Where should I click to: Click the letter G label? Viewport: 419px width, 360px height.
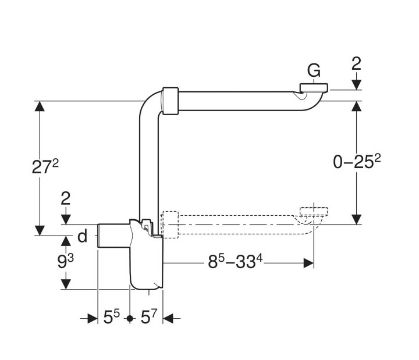coord(314,72)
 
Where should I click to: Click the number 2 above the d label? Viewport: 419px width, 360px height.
coord(66,198)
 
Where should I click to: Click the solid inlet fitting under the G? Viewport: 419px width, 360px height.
coord(314,89)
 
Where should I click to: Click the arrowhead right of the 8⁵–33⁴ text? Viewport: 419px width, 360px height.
coord(308,263)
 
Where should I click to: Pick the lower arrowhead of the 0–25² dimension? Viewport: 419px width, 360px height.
coord(356,219)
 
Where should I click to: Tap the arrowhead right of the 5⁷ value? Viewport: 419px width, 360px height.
coord(169,318)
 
